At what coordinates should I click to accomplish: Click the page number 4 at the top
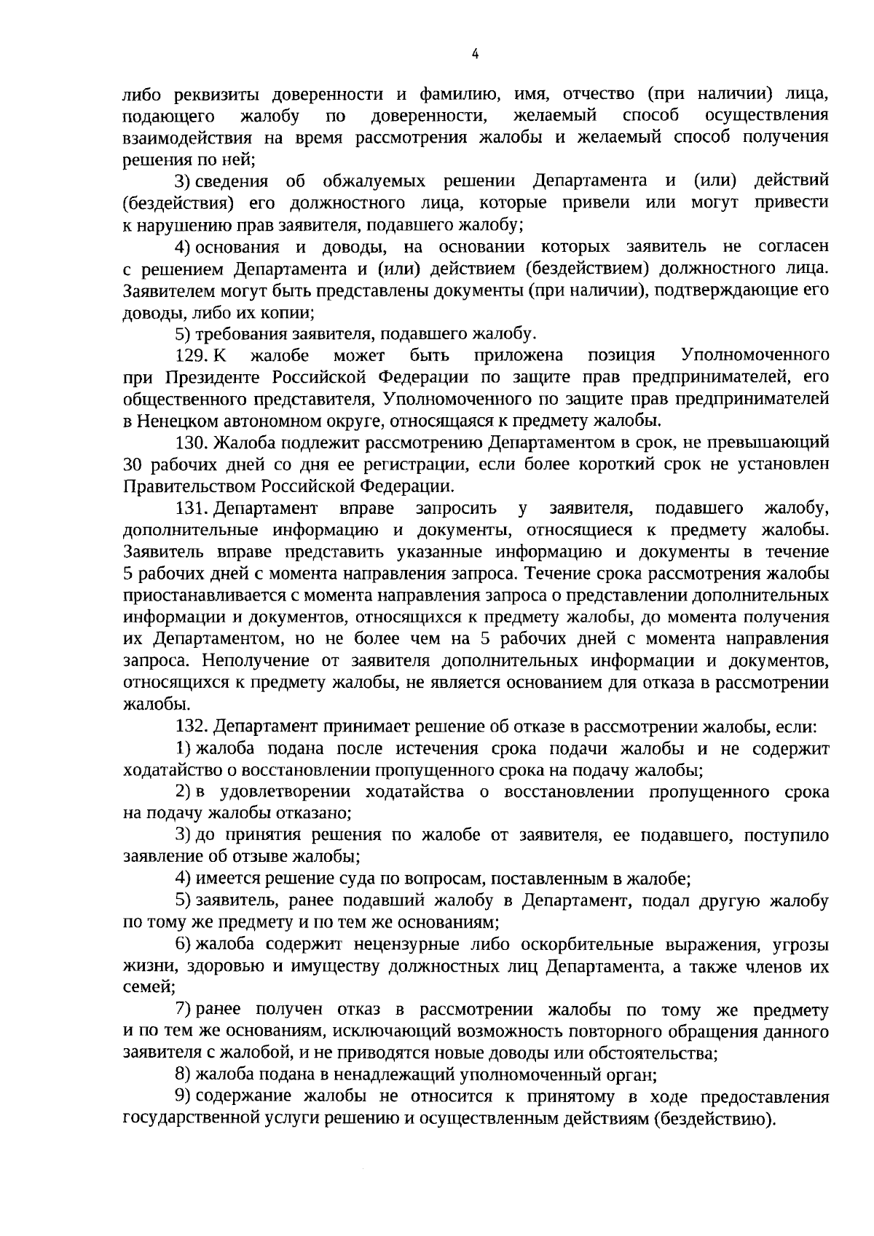[x=475, y=53]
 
